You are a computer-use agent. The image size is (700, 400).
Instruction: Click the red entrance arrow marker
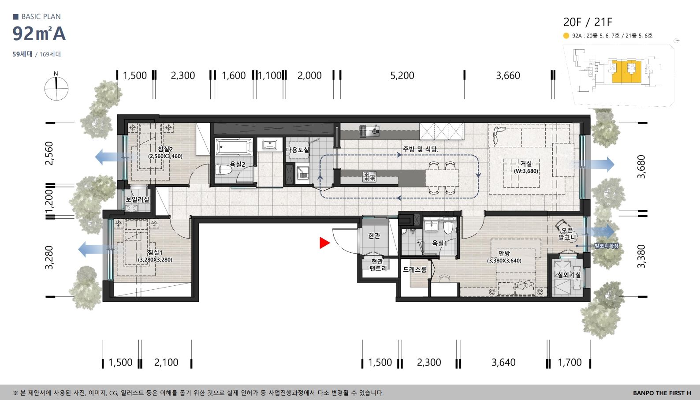click(324, 243)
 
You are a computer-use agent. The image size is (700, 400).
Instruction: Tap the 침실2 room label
click(165, 149)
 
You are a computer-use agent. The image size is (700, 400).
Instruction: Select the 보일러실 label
click(137, 199)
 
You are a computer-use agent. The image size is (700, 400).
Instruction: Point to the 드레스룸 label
click(414, 269)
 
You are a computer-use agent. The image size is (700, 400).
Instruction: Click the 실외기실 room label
click(569, 275)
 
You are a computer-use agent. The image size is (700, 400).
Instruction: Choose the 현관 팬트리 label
click(378, 265)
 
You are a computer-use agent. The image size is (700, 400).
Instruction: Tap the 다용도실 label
click(298, 150)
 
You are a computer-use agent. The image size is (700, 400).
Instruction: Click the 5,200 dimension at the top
click(402, 75)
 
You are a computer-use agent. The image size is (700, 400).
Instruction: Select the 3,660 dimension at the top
click(508, 75)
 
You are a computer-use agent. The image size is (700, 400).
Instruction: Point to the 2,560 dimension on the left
click(49, 153)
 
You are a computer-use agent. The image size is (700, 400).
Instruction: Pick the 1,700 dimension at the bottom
click(570, 363)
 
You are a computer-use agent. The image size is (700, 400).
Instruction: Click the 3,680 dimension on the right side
click(641, 167)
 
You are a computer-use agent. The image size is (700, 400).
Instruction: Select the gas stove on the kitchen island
click(369, 177)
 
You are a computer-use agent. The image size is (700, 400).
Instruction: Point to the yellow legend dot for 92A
click(566, 36)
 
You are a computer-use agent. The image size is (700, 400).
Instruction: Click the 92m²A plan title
click(39, 34)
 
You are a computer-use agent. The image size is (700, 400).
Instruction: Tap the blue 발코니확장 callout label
click(607, 246)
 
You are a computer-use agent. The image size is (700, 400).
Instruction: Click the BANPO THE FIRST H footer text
click(662, 393)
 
